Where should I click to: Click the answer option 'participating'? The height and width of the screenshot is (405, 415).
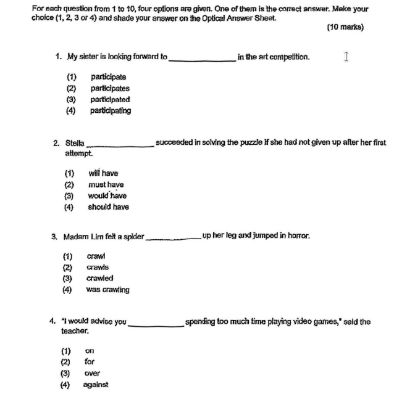(x=111, y=111)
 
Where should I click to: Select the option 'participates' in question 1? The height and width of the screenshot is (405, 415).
(x=110, y=88)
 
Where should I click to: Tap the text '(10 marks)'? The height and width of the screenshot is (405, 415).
(x=345, y=27)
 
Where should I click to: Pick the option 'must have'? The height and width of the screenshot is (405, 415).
(x=106, y=185)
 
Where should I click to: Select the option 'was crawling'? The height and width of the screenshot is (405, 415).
(x=107, y=290)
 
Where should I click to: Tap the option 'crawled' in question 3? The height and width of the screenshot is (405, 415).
(x=99, y=279)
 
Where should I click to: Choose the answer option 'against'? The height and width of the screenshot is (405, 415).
(x=96, y=385)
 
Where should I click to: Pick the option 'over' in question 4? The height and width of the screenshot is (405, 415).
(x=92, y=374)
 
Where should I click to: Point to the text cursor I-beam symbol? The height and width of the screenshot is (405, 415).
(x=346, y=57)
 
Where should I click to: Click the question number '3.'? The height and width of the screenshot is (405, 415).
(x=55, y=236)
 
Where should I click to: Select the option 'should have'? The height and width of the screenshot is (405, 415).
(x=108, y=207)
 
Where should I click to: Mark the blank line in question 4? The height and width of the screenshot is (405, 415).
(x=156, y=324)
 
